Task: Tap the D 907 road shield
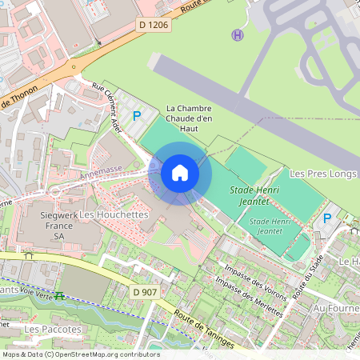(145, 292)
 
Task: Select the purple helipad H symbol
(237, 34)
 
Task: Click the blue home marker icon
(179, 172)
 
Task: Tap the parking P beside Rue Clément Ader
(137, 116)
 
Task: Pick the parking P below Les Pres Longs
(326, 218)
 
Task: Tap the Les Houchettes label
(114, 215)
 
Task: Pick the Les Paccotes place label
(53, 329)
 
